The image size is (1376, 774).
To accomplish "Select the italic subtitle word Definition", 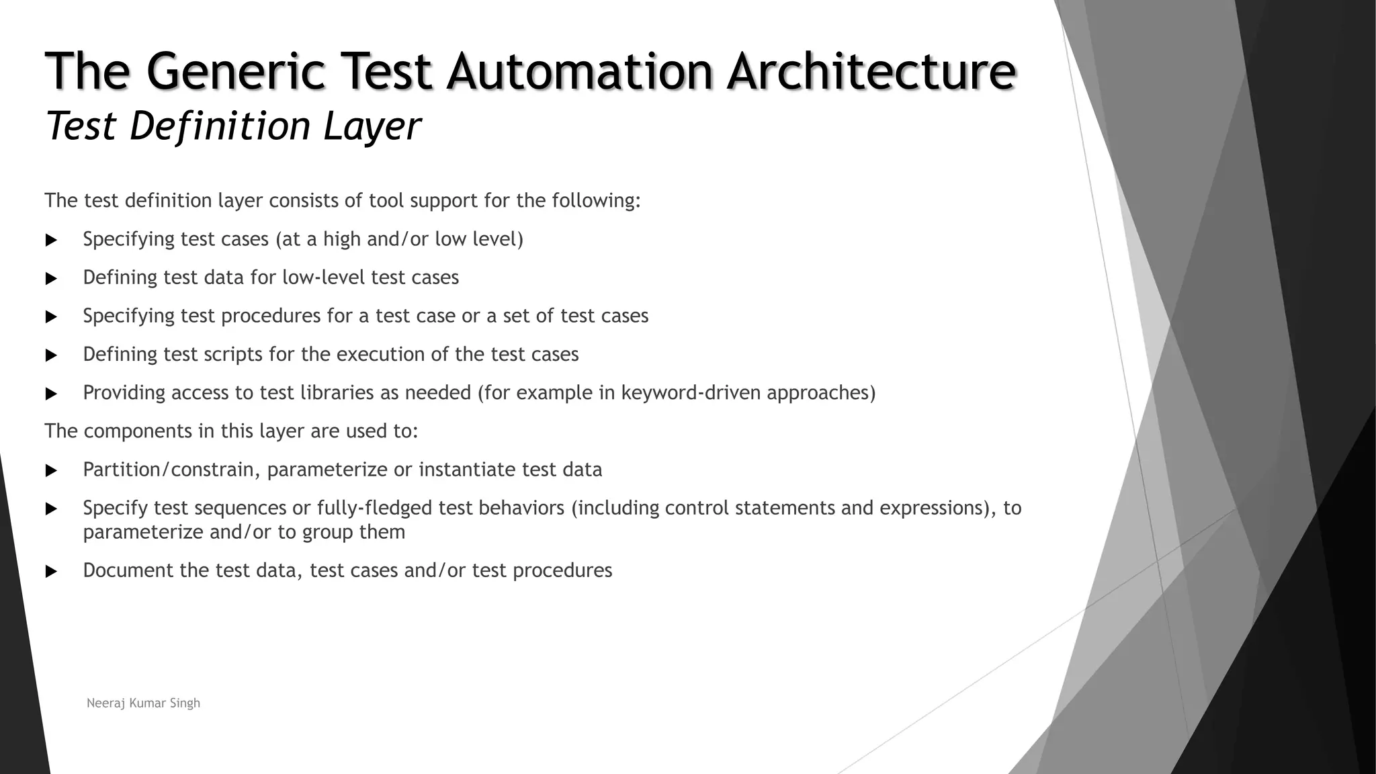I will coord(221,126).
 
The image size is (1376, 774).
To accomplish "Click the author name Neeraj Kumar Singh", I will coord(143,703).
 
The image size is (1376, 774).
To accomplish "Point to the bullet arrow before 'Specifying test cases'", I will coord(51,240).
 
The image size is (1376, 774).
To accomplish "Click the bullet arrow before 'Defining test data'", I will coord(51,278).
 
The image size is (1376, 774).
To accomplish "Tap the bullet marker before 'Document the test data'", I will coord(51,571).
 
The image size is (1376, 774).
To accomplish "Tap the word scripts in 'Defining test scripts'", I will coord(233,354).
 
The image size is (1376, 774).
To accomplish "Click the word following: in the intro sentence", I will coord(596,201).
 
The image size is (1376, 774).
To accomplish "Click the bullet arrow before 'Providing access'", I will coord(51,394).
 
